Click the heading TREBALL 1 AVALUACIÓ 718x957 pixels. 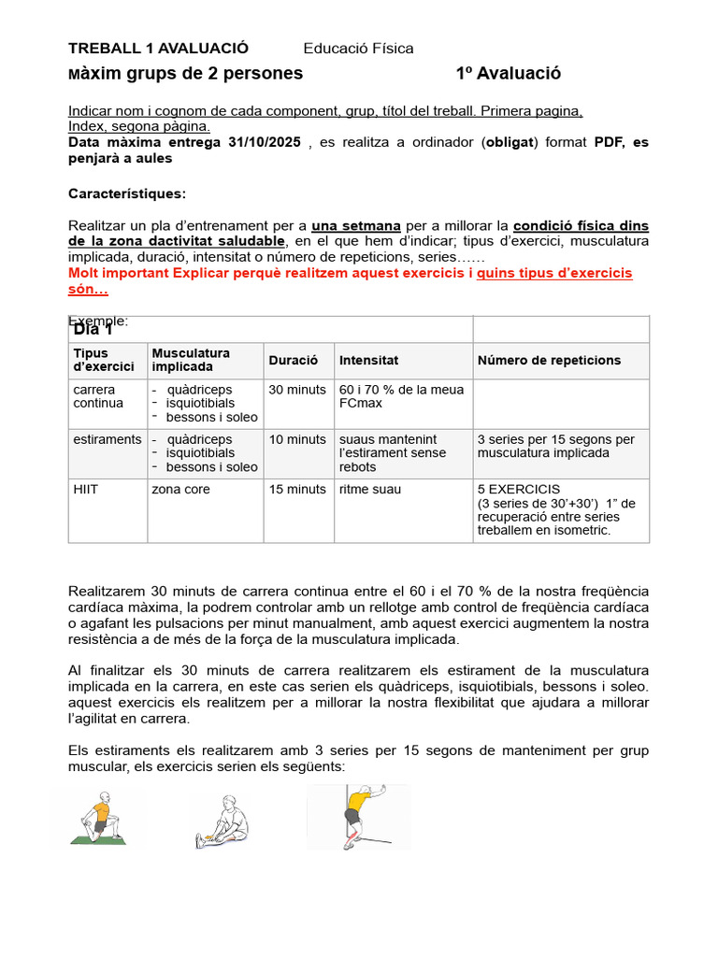tap(159, 49)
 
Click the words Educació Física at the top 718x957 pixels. tap(358, 49)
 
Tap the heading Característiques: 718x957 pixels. tap(127, 193)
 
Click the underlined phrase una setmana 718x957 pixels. tap(356, 226)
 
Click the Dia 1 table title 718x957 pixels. tap(93, 330)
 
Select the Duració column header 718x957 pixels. tap(293, 360)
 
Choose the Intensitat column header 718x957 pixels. tap(368, 360)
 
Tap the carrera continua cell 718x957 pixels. tap(98, 396)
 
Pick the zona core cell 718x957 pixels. tap(181, 490)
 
